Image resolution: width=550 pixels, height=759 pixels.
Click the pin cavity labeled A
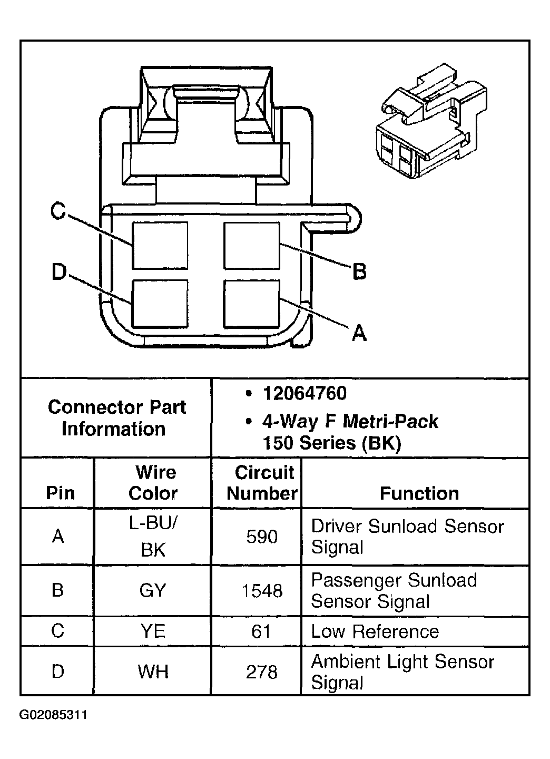click(251, 304)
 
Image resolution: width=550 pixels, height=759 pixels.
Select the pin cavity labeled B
click(251, 246)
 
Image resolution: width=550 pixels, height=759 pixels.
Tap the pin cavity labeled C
click(160, 246)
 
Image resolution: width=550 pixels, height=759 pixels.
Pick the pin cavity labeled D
click(160, 304)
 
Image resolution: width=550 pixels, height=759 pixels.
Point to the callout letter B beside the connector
click(359, 272)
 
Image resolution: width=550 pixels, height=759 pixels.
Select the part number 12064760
click(305, 394)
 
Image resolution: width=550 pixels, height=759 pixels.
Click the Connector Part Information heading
click(116, 418)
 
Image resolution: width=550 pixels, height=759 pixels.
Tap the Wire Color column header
click(153, 483)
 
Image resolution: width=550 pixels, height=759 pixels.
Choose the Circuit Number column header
click(262, 483)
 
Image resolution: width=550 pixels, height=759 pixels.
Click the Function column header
click(419, 493)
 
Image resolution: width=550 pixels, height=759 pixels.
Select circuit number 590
click(262, 537)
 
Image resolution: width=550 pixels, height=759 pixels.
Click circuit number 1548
click(262, 591)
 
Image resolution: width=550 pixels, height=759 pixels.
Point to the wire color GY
click(153, 591)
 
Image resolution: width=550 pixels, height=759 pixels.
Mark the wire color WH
click(153, 672)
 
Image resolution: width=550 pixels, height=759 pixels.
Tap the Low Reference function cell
click(375, 631)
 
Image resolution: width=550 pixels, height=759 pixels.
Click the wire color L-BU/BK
click(153, 537)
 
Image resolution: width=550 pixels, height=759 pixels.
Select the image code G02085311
click(53, 715)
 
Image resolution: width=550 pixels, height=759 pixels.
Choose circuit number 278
click(262, 672)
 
